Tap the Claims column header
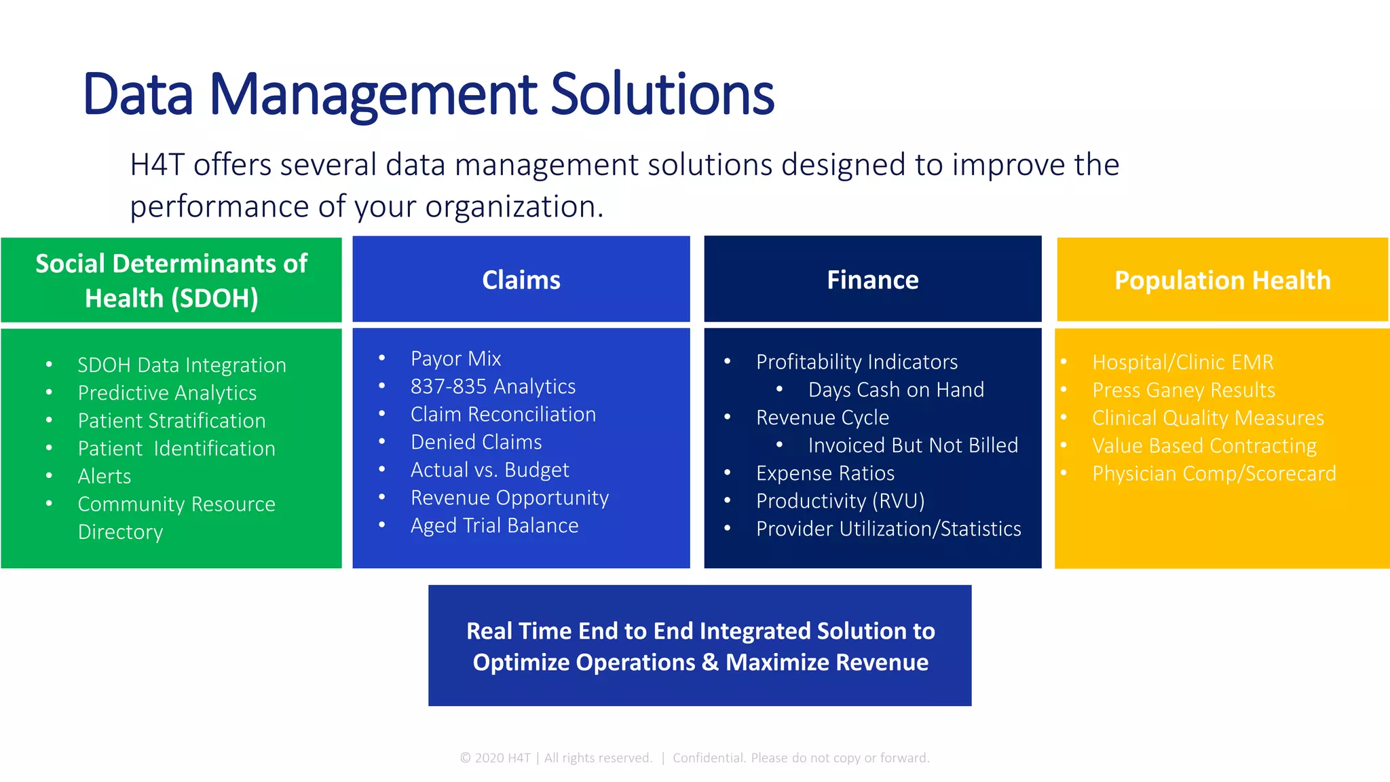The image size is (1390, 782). coord(521,280)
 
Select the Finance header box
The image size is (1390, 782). coord(872,280)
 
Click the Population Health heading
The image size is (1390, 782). coord(1222,280)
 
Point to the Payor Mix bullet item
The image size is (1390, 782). coord(455,358)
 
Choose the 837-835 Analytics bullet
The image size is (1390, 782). coord(493,386)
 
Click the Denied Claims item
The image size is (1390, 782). coord(476,442)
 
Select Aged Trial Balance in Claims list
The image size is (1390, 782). coord(494,525)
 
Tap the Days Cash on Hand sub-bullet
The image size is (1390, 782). coord(895,390)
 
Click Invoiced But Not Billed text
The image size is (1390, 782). coord(912,445)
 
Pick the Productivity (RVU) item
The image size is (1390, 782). coord(840,501)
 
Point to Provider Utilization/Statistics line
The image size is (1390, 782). coord(888,529)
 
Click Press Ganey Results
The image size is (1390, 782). coord(1183,390)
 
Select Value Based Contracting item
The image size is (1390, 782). coord(1204,446)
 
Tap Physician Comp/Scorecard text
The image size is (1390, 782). coord(1214,474)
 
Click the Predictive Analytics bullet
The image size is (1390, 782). coord(167,393)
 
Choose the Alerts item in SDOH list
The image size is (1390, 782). coord(104,477)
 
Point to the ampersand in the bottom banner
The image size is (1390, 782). coord(710,662)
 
